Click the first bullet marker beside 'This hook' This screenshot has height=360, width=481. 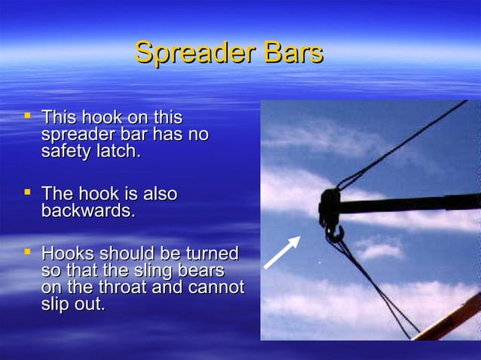28,117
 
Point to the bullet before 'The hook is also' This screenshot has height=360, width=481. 28,194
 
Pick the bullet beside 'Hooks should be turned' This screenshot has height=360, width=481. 28,252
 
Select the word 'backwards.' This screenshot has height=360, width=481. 88,211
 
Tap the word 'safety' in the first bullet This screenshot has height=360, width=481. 64,151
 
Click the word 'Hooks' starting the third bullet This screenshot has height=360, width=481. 67,253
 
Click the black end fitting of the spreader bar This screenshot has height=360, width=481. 329,206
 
